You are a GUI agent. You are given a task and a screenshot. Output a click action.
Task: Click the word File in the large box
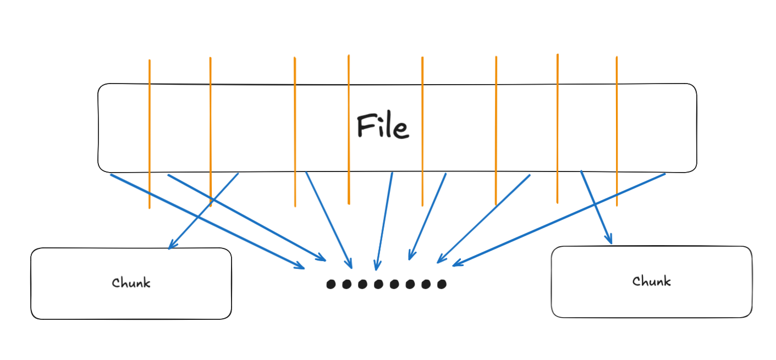[383, 126]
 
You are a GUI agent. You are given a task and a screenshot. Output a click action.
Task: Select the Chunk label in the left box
[131, 283]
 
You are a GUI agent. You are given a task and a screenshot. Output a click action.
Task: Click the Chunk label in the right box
[651, 281]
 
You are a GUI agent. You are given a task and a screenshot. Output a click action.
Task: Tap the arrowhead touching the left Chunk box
[170, 246]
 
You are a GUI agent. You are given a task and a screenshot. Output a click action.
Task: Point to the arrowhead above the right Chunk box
[609, 240]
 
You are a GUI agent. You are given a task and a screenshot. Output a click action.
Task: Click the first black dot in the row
[331, 284]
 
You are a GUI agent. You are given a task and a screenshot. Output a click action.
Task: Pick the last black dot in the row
[442, 284]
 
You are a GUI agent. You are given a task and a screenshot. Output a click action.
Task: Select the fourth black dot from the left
[378, 284]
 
